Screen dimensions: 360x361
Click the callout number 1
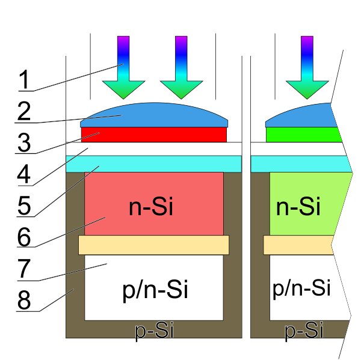(24, 79)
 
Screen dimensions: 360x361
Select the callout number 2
(24, 111)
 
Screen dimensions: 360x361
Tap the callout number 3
(24, 142)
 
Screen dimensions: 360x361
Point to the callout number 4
(24, 175)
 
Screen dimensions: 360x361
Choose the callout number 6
(24, 236)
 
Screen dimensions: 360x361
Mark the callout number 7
(24, 269)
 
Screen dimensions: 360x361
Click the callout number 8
(24, 300)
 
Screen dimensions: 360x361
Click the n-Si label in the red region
(151, 207)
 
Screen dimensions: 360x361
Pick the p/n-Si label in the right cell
(301, 288)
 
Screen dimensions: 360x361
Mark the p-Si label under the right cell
(303, 331)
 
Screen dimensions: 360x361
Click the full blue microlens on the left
(154, 114)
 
